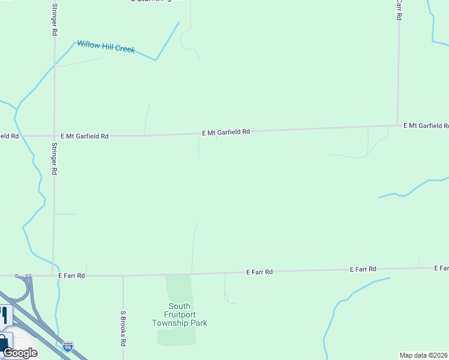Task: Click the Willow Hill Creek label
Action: point(106,46)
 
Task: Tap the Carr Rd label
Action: point(399,10)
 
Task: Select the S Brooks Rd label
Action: point(123,328)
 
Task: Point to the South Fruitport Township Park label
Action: point(179,314)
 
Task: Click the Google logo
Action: point(20,353)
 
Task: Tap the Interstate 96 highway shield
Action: point(68,347)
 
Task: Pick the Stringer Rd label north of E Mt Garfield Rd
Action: point(54,19)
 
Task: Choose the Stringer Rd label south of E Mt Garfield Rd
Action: point(54,158)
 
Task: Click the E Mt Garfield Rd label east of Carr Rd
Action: point(426,125)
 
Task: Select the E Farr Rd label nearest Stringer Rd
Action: point(72,275)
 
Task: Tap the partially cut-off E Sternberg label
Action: point(151,1)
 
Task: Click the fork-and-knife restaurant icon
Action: point(4,314)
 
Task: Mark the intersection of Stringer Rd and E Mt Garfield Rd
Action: point(54,136)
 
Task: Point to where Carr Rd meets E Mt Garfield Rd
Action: point(397,125)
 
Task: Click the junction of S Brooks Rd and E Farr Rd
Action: point(123,276)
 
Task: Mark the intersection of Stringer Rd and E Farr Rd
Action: point(53,276)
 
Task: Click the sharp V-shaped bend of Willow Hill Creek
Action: point(156,59)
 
